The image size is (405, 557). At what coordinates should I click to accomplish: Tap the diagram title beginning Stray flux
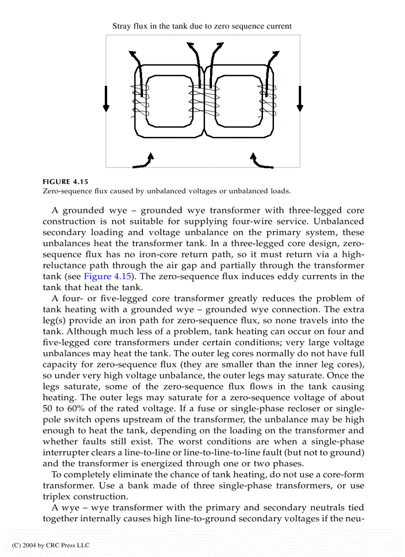tap(202, 26)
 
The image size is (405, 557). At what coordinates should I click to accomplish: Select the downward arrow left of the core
tap(106, 98)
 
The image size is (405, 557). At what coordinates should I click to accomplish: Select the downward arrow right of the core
tap(299, 98)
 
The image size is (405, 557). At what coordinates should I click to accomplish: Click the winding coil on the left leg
tap(140, 102)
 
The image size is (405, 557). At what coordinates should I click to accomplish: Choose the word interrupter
tap(70, 453)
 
